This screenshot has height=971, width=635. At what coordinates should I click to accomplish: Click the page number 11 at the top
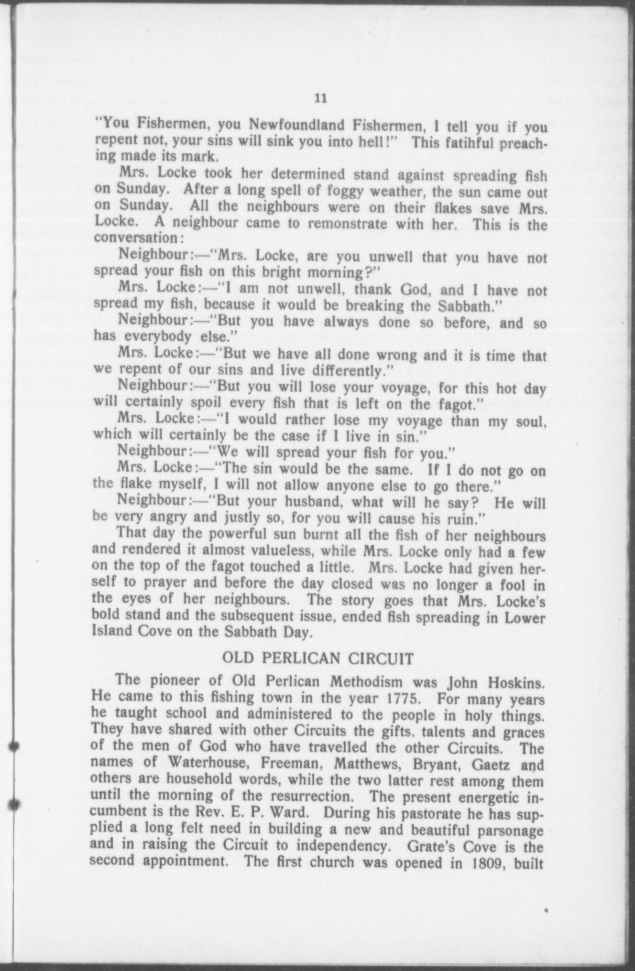point(320,98)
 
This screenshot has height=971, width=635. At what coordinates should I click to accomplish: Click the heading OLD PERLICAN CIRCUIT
point(318,659)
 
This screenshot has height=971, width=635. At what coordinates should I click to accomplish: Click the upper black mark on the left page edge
point(15,746)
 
